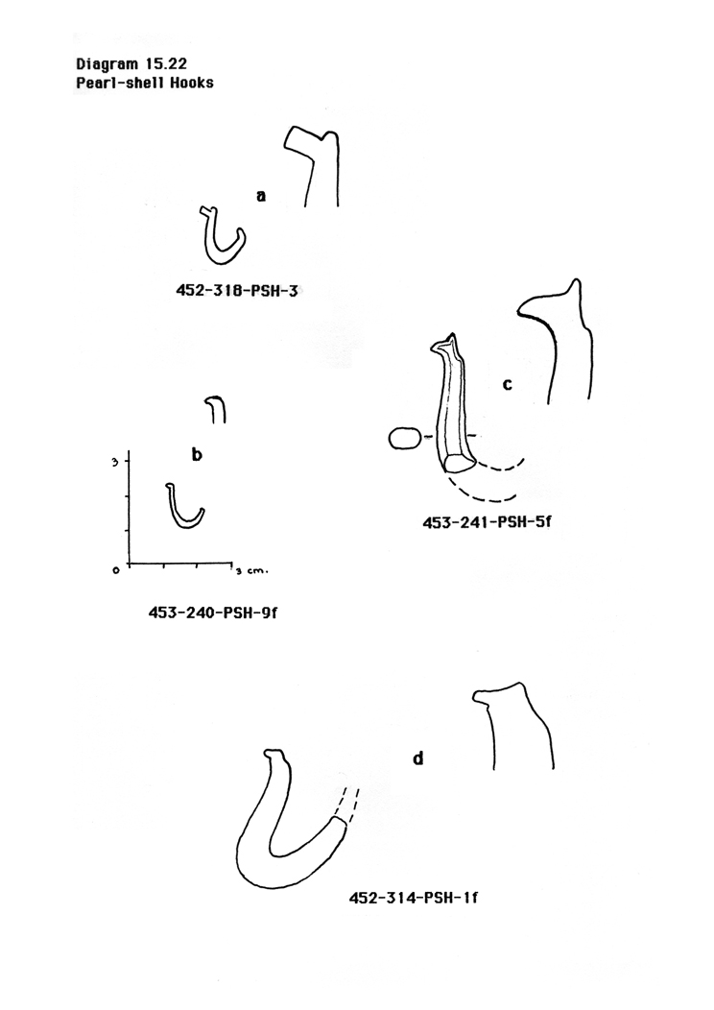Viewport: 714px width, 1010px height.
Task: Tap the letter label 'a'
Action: point(261,197)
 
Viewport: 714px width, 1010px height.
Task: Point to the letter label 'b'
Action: point(196,455)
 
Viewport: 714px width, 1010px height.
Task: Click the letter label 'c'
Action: point(508,384)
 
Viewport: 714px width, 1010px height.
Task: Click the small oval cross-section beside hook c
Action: point(404,439)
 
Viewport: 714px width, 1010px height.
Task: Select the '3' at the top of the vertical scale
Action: point(114,462)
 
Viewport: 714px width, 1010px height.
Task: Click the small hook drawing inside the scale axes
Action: point(184,509)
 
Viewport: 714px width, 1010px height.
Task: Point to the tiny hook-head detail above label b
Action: point(216,410)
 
